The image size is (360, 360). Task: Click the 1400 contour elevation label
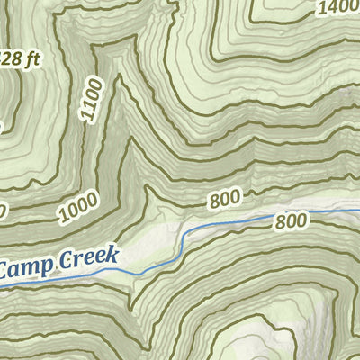click(337, 8)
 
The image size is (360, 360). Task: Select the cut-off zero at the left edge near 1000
click(3, 212)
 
